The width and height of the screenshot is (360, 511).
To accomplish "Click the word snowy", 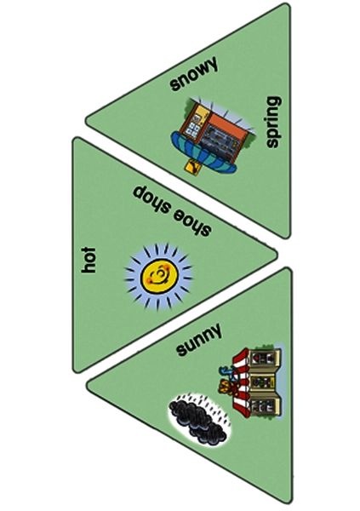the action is coord(193,73).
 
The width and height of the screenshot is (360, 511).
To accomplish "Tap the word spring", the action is coord(273,122).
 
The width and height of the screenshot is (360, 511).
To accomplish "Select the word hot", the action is coord(89,260).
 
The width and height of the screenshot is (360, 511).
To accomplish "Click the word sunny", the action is coord(199,340).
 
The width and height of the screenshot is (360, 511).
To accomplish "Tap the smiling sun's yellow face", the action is coord(159,276).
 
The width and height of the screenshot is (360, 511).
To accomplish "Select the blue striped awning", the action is coord(203,152).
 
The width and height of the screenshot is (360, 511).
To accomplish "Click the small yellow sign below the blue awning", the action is coord(192,167).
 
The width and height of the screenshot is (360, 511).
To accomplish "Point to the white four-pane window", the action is coord(192,129).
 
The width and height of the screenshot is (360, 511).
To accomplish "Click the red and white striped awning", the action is coord(242,382).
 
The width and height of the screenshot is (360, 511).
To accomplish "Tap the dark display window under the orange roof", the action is coord(219,141).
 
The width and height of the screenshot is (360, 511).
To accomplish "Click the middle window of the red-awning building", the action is coord(261,382).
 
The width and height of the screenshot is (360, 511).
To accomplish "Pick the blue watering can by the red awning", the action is coord(226,370).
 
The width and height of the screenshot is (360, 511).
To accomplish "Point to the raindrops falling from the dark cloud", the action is coord(209,409).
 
